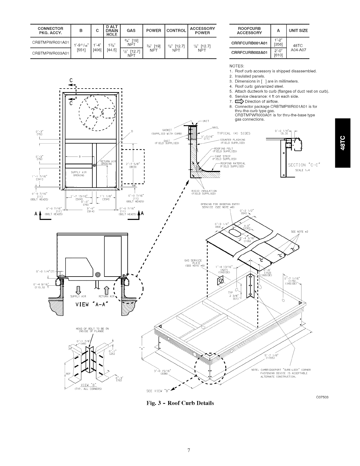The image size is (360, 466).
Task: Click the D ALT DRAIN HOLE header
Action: pyautogui.click(x=112, y=31)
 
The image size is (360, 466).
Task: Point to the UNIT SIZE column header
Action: pyautogui.click(x=298, y=31)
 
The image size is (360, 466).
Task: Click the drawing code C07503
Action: pyautogui.click(x=321, y=397)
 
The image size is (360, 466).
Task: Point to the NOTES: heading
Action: pyautogui.click(x=236, y=66)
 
